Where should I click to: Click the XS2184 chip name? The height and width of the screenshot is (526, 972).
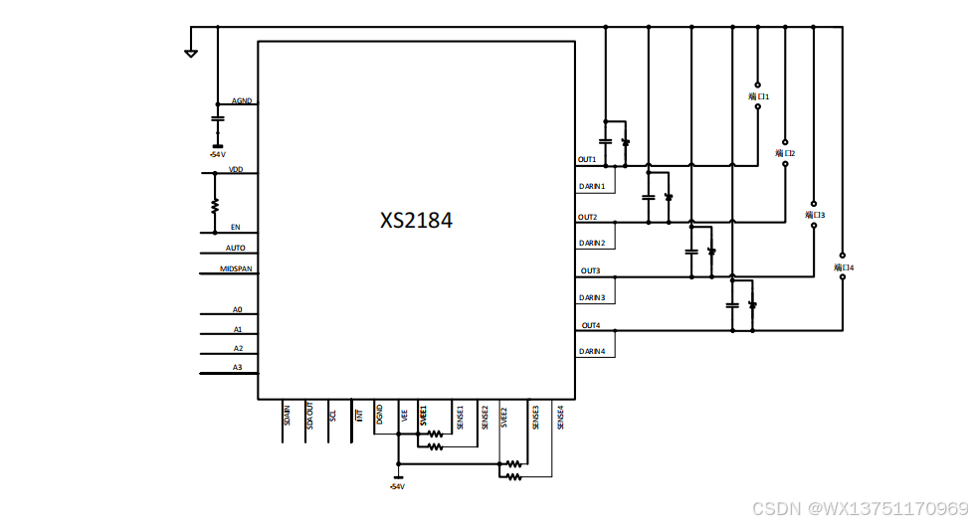pos(416,221)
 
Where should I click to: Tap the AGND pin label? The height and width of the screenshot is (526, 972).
pos(242,100)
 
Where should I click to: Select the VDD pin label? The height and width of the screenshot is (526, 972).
pos(236,169)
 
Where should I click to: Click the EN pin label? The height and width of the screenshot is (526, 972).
pos(236,227)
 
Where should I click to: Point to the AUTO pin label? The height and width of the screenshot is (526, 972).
pos(236,248)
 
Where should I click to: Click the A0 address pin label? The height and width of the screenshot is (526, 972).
pos(238,309)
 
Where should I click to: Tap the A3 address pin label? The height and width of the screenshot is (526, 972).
pos(238,367)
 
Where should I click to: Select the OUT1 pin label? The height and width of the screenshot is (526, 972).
pos(587,159)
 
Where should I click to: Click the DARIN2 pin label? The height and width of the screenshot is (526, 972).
pos(592,243)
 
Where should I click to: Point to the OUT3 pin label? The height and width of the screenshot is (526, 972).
pos(590,270)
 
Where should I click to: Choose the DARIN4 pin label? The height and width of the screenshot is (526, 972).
pos(592,351)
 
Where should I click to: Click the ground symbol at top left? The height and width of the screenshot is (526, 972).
pos(191,52)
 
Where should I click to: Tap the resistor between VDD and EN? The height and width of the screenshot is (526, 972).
pos(215,206)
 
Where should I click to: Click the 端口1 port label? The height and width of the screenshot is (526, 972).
pos(759,96)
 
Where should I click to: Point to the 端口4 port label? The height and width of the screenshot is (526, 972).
pos(844,267)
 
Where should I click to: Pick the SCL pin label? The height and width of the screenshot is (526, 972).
pos(333,411)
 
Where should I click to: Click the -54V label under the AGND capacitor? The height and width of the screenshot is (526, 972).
pos(217,154)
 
